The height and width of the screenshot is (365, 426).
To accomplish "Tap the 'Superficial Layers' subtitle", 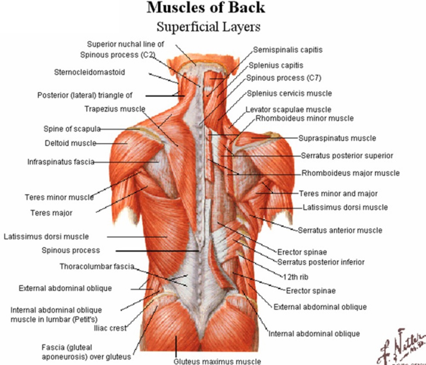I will tap(208, 27).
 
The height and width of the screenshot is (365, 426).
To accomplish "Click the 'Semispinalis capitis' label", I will tap(288, 49).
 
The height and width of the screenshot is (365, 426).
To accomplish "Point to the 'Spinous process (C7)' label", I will tap(284, 78).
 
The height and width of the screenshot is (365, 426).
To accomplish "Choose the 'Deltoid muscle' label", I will tap(70, 143).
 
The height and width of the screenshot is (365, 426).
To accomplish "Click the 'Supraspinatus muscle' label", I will tap(337, 138).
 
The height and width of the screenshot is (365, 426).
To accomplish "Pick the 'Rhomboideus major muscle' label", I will tap(350, 173).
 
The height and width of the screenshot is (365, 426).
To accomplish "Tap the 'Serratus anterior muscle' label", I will tap(340, 231).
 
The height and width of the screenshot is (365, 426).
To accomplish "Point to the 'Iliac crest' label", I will tap(110, 328).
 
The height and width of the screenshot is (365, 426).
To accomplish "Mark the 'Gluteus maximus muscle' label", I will tap(217, 361).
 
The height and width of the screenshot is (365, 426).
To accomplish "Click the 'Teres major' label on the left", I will tap(51, 213).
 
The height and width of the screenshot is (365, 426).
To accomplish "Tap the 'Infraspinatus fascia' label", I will tap(61, 162).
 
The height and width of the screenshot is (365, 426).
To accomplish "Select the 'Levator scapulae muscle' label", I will tap(288, 110).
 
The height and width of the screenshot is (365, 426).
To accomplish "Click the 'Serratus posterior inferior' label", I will tap(321, 262).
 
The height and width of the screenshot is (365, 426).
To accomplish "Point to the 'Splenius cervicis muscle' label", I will tap(289, 93).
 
